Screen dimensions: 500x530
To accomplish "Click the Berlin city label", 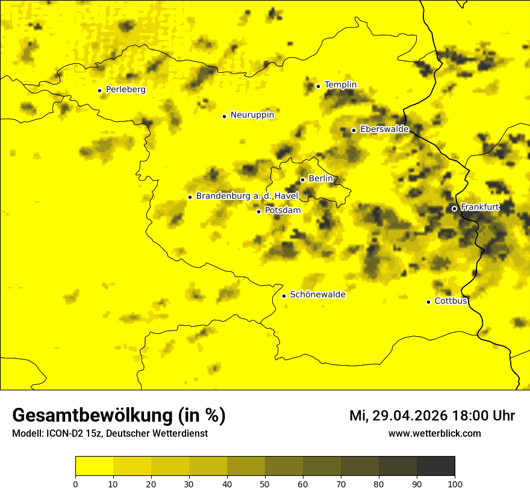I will coord(320,179).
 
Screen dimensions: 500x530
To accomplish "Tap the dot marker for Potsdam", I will coord(259,211).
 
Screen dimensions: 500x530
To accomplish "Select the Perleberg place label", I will coord(125,90).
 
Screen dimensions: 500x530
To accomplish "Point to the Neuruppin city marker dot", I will coord(224,116).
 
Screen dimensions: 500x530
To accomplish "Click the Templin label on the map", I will coord(340,85).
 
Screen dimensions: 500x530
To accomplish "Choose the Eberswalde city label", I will coord(384,130).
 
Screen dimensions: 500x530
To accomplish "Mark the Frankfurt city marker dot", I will coord(454,208).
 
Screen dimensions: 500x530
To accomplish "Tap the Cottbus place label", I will coord(450,301).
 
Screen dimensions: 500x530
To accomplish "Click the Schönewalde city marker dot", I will coord(284,296).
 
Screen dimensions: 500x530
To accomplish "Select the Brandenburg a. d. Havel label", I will coord(247,196).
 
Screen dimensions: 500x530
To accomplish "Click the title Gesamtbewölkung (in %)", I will coord(119,416).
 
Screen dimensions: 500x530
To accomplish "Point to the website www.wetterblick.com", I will coord(434,434).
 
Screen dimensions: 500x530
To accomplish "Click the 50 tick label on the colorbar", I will coord(265,484).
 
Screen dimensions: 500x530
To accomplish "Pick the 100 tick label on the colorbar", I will coord(455,484).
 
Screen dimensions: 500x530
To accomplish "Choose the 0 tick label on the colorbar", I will coord(75,484).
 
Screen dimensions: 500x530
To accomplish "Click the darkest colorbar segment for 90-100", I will coord(435,466).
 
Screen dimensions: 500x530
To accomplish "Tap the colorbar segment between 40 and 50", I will coord(246,466).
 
